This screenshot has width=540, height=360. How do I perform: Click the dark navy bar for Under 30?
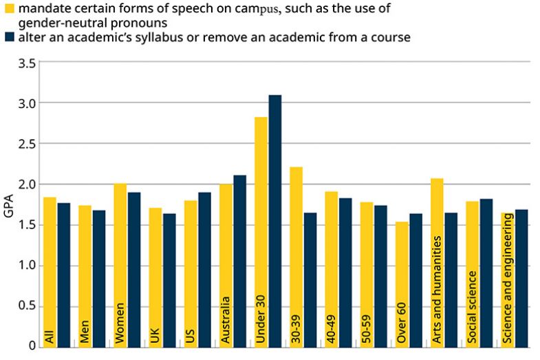pyautogui.click(x=275, y=220)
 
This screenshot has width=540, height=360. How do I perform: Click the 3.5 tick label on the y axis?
pyautogui.click(x=28, y=63)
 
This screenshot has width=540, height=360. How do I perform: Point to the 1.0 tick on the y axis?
pyautogui.click(x=28, y=266)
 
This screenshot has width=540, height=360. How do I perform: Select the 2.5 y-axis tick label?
pyautogui.click(x=28, y=144)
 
